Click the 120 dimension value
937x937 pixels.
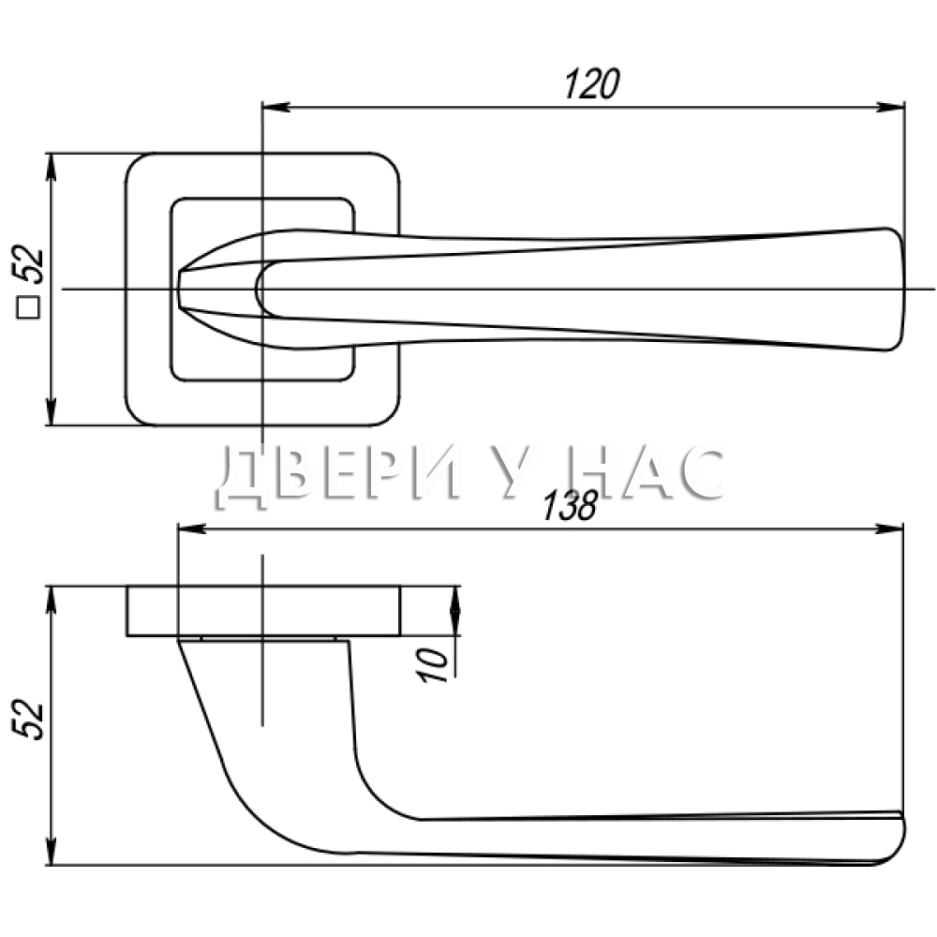point(592,83)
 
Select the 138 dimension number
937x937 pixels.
point(570,506)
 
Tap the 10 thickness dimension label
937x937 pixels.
point(433,665)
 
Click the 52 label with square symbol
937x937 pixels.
point(28,281)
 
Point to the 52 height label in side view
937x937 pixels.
point(28,720)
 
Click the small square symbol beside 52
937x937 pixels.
point(28,308)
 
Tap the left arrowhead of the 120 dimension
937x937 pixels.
point(276,108)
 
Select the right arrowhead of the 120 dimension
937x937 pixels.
point(890,108)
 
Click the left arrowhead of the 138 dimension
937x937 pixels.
point(192,528)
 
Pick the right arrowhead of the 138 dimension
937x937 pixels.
point(889,528)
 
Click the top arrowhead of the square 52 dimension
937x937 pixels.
point(51,168)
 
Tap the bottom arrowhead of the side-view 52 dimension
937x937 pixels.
point(51,851)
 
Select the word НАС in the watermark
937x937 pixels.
point(647,472)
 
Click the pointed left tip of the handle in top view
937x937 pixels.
point(179,290)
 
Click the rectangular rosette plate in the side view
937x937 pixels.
point(263,611)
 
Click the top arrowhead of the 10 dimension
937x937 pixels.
point(455,600)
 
